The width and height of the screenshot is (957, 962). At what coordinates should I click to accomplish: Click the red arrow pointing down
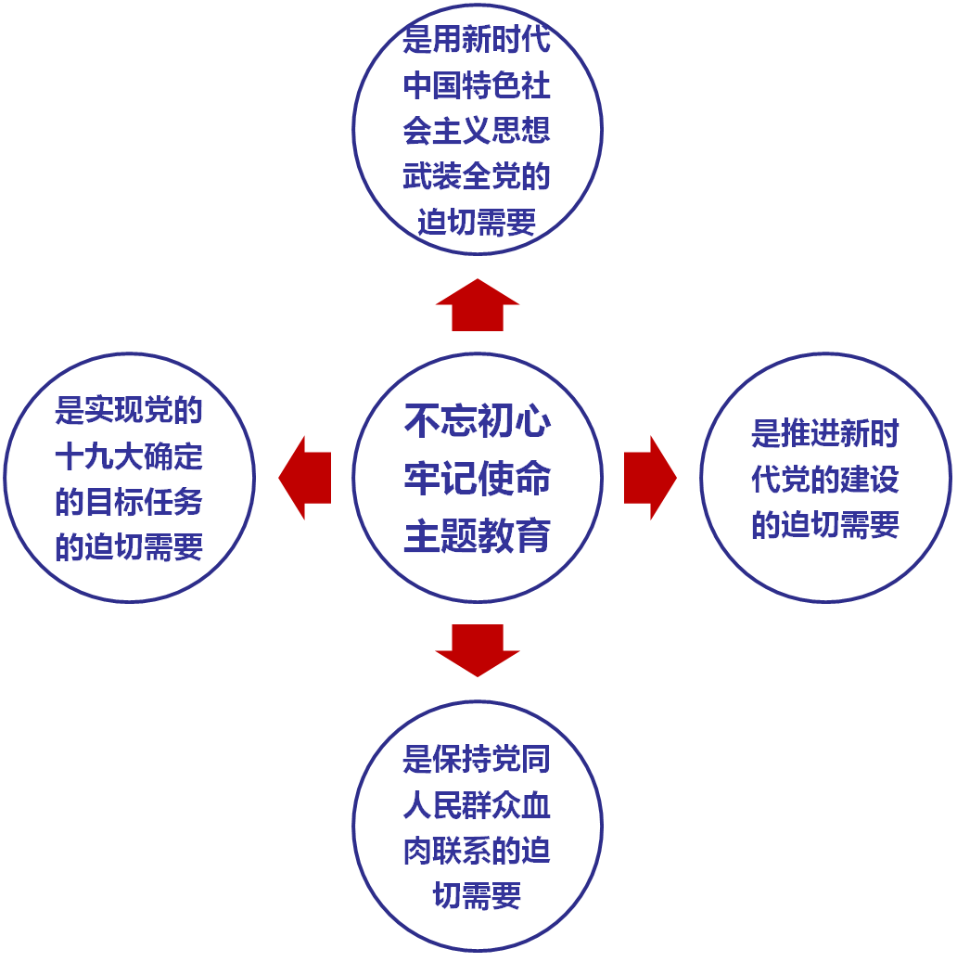click(x=478, y=649)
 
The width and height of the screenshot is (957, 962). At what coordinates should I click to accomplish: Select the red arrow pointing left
click(x=305, y=478)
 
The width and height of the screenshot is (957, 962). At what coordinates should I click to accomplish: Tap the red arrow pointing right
click(x=650, y=478)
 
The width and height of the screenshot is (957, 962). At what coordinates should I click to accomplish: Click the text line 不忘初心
click(x=478, y=422)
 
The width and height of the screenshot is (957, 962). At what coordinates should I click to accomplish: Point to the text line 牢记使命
click(x=478, y=479)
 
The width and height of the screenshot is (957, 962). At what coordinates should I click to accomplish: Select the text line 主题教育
click(x=478, y=535)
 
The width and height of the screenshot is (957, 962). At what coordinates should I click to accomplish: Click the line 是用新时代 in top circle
click(x=478, y=41)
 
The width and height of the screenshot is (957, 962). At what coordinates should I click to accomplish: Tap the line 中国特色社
click(x=478, y=86)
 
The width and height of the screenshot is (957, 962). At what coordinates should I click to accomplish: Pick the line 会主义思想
click(x=478, y=132)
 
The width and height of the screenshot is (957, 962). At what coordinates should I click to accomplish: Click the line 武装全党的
click(x=478, y=177)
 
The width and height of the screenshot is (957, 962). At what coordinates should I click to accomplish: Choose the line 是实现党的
click(x=130, y=410)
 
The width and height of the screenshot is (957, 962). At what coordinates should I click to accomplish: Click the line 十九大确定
click(x=130, y=455)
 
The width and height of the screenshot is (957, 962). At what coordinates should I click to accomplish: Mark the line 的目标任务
click(x=130, y=501)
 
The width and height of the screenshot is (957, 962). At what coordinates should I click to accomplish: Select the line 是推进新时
click(x=825, y=433)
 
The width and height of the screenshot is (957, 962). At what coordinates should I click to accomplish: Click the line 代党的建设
click(x=825, y=479)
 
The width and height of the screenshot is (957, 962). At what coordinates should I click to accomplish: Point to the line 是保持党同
click(x=478, y=760)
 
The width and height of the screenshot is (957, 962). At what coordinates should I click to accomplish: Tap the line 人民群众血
click(x=478, y=805)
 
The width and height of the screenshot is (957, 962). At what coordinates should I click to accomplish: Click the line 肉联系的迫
click(x=478, y=851)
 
